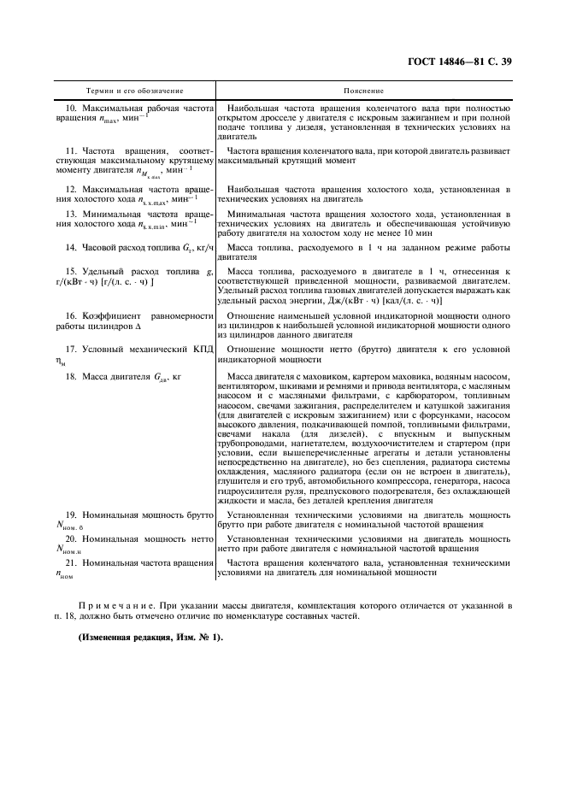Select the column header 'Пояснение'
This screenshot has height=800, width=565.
point(363,90)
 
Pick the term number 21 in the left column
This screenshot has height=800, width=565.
point(73,563)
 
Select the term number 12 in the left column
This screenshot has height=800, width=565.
point(73,188)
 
